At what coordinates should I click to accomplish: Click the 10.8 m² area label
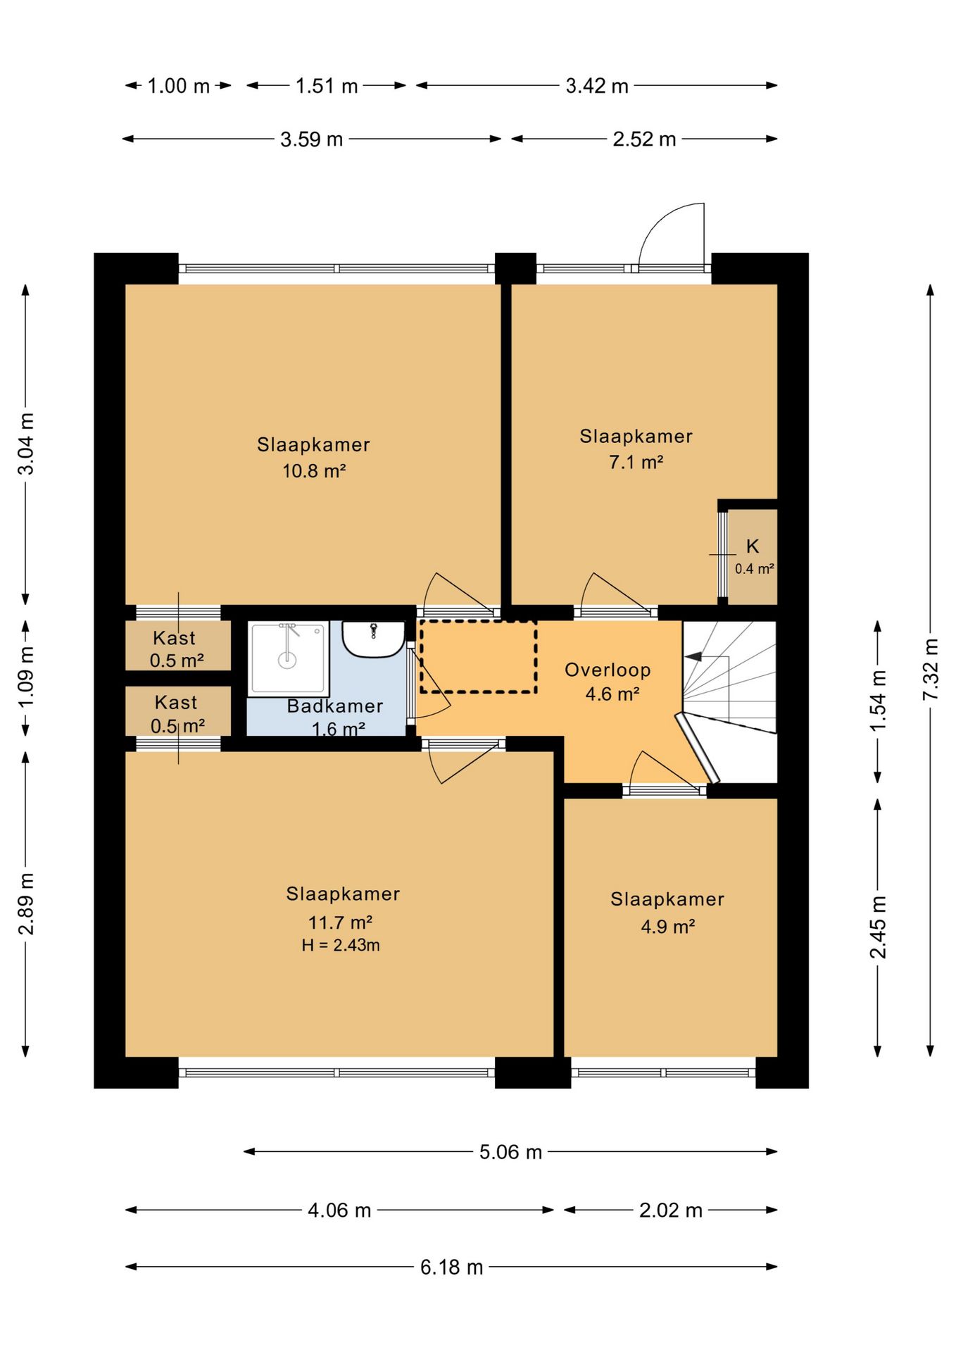pos(314,470)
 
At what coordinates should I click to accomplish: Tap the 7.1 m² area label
pos(636,462)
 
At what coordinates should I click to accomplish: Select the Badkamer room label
pos(335,706)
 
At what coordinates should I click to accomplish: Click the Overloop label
pos(608,670)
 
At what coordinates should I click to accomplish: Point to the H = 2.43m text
pos(341,945)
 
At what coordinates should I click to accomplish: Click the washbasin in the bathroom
pos(373,639)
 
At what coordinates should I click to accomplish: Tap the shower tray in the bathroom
pos(289,659)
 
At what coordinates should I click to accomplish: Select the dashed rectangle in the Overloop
pos(478,656)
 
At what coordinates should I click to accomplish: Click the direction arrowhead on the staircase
pos(693,656)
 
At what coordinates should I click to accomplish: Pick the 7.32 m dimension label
pos(931,669)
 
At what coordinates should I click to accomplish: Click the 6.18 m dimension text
pos(452,1267)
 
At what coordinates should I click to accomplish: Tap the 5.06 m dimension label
pos(511,1151)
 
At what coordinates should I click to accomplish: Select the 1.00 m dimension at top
pos(179,86)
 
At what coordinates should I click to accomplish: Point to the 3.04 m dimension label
pos(26,444)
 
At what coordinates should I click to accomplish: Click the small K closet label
pos(753,546)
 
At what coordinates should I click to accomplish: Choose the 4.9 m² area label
pos(668,926)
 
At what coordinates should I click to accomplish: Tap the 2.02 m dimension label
pos(671,1210)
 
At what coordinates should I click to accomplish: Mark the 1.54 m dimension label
pos(878,701)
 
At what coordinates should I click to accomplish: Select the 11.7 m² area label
pos(340,922)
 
